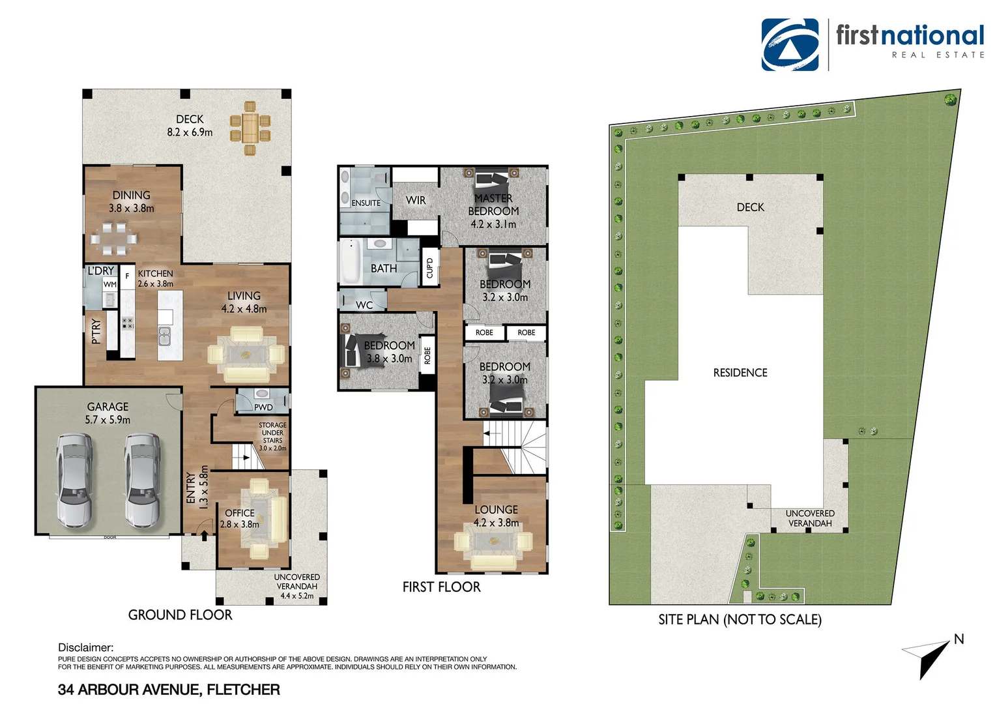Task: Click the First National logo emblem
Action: click(x=790, y=44)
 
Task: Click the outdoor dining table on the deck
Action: click(x=250, y=128)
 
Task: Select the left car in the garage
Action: click(x=74, y=480)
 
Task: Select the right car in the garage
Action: click(x=143, y=480)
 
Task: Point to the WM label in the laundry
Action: click(x=109, y=284)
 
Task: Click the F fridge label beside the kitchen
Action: click(x=127, y=276)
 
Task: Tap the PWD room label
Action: click(x=263, y=407)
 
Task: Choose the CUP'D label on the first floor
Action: click(x=429, y=267)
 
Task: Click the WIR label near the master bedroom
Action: click(x=416, y=200)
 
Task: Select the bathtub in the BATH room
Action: click(x=351, y=261)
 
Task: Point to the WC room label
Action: click(x=364, y=305)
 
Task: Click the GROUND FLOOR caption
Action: click(x=180, y=615)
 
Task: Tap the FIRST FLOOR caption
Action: click(x=441, y=587)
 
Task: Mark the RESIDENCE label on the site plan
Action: click(x=740, y=373)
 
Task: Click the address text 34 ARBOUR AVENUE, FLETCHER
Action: click(x=169, y=690)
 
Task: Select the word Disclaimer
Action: click(x=85, y=647)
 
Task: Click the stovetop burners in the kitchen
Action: click(x=127, y=323)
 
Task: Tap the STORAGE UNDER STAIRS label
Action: click(x=272, y=436)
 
